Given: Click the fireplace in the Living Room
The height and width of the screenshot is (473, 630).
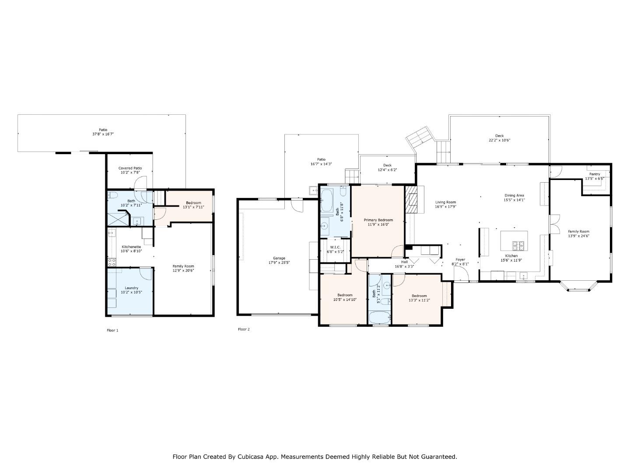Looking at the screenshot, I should [x=411, y=199].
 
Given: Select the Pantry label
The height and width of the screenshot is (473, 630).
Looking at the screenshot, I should [x=595, y=174].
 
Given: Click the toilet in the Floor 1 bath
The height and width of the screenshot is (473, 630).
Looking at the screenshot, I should [x=112, y=195].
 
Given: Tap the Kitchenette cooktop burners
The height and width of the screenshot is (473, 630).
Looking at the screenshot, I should [x=112, y=262].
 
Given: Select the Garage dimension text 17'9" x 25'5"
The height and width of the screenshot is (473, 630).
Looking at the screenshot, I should [x=279, y=263].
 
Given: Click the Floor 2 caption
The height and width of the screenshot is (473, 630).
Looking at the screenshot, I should [x=244, y=329].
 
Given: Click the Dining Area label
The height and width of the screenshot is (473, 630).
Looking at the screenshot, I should [x=514, y=195].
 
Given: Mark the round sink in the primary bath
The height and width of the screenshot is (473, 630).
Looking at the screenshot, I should [x=325, y=226].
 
